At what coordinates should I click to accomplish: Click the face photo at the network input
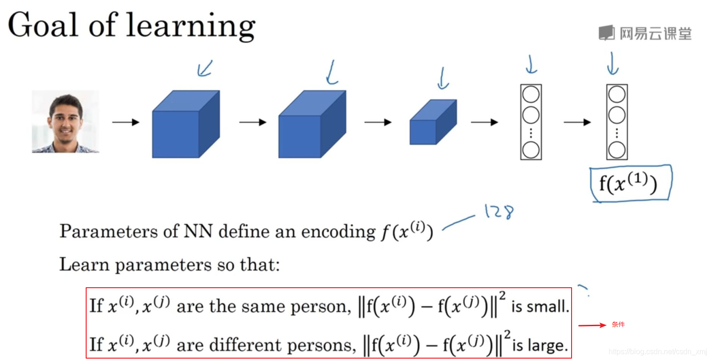click(x=65, y=121)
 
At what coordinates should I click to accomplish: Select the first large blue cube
click(x=185, y=124)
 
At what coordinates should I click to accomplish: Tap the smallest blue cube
click(x=433, y=122)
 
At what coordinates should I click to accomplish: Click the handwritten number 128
click(x=498, y=212)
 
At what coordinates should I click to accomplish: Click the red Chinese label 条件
click(x=618, y=325)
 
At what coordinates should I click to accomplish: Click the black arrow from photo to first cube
click(x=126, y=122)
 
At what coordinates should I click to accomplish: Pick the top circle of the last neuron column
click(x=617, y=95)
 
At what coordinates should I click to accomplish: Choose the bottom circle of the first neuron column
click(x=531, y=150)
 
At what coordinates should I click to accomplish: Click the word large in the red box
click(x=551, y=345)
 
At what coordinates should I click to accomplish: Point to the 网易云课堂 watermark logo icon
click(x=607, y=33)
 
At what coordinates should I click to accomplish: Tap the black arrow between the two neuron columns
click(x=577, y=122)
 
